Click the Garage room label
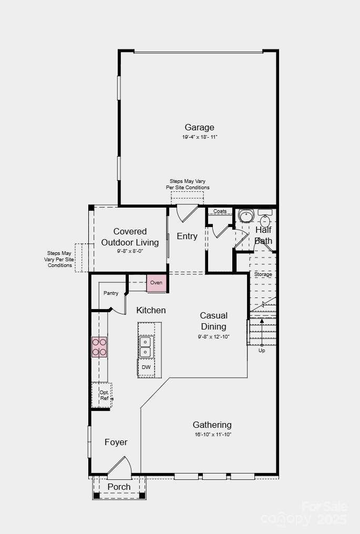point(199,127)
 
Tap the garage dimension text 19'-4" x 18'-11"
point(200,137)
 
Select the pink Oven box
point(156,283)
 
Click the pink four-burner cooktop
point(99,347)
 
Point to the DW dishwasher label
point(146,367)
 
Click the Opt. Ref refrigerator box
point(101,395)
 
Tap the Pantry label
point(111,293)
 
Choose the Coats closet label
point(220,211)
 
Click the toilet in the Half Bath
point(265,220)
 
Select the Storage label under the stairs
point(263,274)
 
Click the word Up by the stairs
point(262,351)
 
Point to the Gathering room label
point(212,425)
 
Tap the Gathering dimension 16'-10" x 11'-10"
point(213,435)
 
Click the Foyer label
point(116,442)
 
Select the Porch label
point(119,487)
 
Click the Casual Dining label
point(213,321)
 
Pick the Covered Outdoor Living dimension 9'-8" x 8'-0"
point(130,251)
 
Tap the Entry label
point(187,236)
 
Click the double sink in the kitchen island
point(146,347)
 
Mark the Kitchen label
point(151,310)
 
